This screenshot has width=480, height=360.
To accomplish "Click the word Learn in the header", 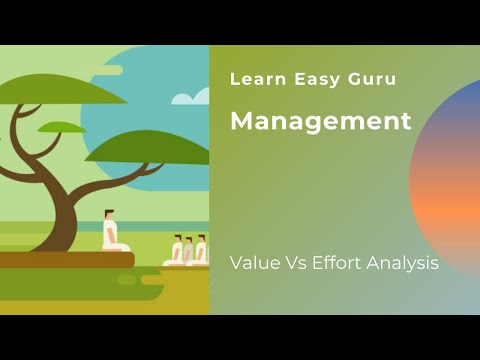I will point(251,78).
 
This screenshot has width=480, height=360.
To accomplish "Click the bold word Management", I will point(321,122).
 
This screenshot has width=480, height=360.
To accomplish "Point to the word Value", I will point(254,264).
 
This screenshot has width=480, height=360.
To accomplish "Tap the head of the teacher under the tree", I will point(109,214).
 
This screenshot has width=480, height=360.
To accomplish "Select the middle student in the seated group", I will point(188,252).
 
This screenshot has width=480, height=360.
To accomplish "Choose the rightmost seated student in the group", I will point(200,251).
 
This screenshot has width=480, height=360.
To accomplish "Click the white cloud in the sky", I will point(191,97).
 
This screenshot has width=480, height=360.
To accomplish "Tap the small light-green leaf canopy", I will point(62,127).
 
